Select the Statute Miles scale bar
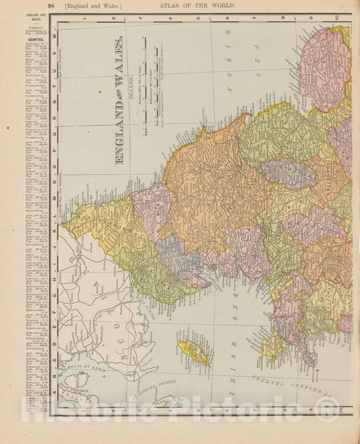[x=144, y=88]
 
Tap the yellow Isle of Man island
[x=193, y=352]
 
